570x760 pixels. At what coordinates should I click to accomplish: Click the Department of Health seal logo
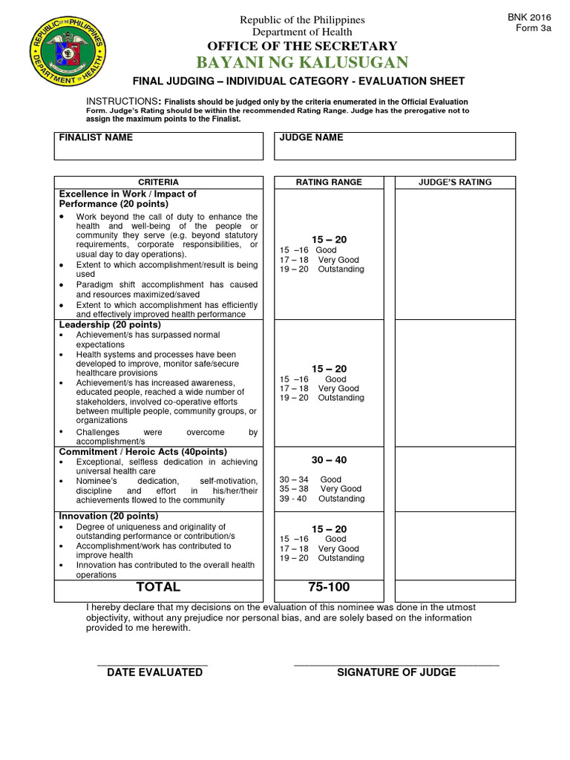(65, 65)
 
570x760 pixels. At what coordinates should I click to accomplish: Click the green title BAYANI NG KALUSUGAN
(302, 62)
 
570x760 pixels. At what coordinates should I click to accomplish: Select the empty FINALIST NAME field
(158, 151)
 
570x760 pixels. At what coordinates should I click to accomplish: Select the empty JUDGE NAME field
(394, 151)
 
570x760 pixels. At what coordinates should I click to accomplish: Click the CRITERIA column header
(158, 182)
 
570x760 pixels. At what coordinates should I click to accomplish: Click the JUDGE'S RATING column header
(455, 182)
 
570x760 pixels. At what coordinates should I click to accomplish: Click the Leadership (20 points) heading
(110, 325)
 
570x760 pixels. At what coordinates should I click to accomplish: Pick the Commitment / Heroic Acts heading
(143, 452)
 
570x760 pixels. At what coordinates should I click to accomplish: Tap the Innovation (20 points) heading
(108, 516)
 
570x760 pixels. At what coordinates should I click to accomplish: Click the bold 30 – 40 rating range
(329, 460)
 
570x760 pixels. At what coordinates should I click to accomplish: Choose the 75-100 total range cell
(329, 587)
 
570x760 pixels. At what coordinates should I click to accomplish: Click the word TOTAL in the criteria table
(158, 587)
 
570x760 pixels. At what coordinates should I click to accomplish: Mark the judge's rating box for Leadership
(455, 383)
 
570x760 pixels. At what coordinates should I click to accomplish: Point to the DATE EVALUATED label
(154, 672)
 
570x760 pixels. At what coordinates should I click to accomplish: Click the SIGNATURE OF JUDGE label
(396, 672)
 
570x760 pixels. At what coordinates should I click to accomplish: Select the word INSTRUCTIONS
(122, 101)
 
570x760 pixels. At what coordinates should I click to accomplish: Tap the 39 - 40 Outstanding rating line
(322, 499)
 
